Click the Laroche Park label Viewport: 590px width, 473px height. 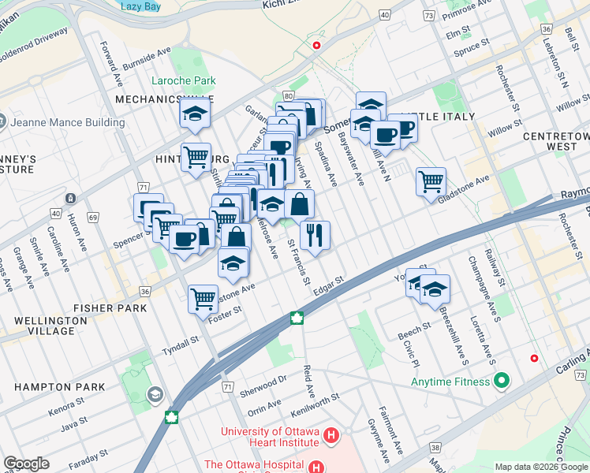coord(184,81)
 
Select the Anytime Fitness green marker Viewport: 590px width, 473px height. coord(501,382)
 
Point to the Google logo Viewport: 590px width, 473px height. coord(26,464)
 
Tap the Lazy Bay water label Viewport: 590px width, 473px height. coord(140,6)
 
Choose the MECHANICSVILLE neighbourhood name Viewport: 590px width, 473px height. coord(153,99)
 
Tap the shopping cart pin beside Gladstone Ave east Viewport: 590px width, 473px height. coord(431,181)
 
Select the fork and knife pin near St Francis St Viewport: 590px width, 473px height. coord(315,234)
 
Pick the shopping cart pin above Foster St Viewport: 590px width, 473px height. coord(204,299)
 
